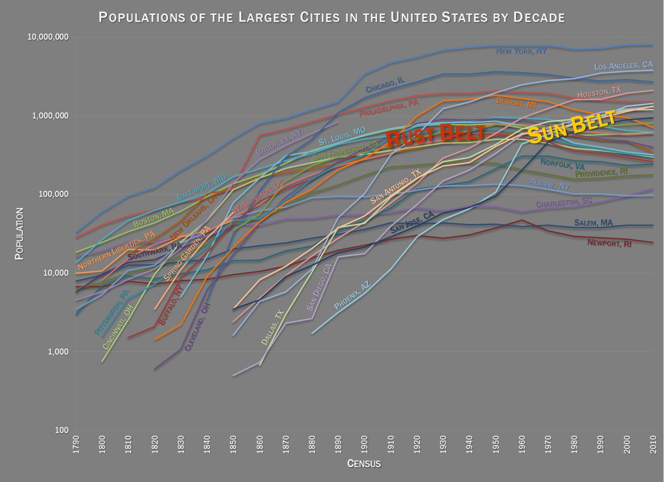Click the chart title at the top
point(332,17)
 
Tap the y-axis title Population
point(19,234)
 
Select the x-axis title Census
point(364,463)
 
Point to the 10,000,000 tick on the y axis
point(49,37)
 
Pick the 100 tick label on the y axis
point(62,430)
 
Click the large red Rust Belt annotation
point(436,135)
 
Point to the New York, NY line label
point(521,51)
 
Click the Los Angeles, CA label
point(623,65)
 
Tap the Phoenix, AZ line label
point(352,295)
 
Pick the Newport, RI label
point(609,243)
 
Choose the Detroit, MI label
point(516,103)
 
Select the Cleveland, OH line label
point(198,327)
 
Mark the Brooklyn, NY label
point(279,143)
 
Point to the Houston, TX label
point(599,92)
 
